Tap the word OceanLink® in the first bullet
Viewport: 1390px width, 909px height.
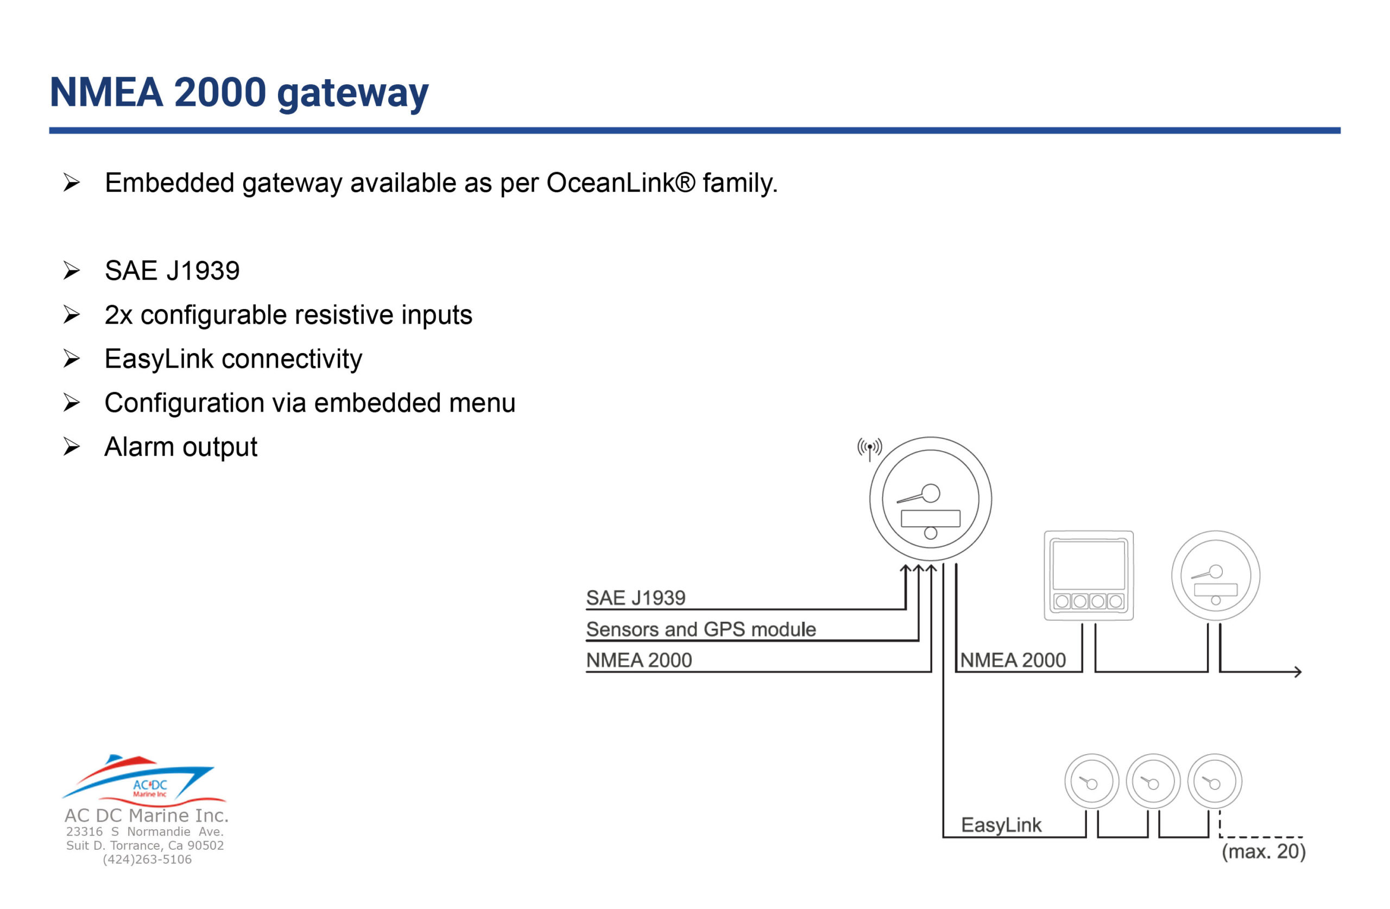(621, 183)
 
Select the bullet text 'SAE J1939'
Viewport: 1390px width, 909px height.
(172, 270)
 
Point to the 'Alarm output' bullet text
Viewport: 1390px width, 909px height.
(180, 447)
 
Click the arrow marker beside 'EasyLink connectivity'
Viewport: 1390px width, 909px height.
(71, 359)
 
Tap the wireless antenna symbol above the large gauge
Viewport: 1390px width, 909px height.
(870, 449)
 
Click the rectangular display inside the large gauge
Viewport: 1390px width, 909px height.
(930, 519)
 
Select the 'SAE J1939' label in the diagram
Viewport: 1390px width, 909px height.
(635, 598)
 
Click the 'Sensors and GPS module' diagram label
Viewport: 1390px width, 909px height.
(701, 629)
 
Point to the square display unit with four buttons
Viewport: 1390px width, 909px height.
(1089, 576)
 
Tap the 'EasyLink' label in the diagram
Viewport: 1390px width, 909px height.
(1001, 825)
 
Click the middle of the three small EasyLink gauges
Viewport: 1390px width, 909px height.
(1153, 781)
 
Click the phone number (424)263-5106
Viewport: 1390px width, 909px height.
(147, 860)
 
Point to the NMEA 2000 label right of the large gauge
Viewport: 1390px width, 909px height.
(1013, 660)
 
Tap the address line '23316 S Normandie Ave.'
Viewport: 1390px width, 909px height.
(145, 831)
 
